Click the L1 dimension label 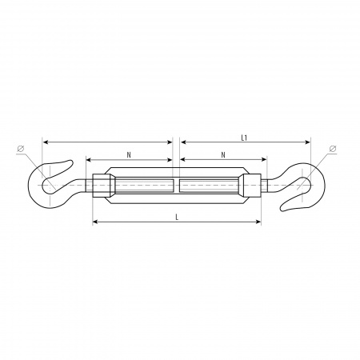(x=244, y=138)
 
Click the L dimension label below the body (x=177, y=218)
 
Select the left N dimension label (x=129, y=155)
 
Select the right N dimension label (x=223, y=155)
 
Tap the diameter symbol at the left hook (x=21, y=149)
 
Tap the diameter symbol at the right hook (x=333, y=149)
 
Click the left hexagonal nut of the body (x=102, y=186)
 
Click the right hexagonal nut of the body (x=251, y=186)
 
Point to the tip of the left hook (x=71, y=162)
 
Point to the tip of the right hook (x=282, y=209)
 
